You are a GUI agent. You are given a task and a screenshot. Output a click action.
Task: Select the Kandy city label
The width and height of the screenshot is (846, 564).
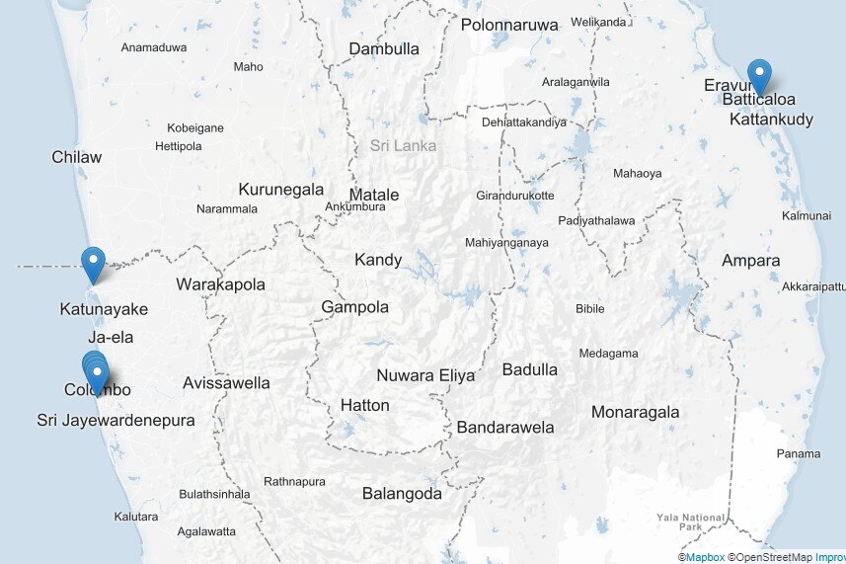point(378,260)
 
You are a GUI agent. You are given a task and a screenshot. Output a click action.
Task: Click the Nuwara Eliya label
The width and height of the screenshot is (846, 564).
point(425,375)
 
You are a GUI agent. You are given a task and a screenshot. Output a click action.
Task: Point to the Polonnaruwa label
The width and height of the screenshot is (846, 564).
point(509,25)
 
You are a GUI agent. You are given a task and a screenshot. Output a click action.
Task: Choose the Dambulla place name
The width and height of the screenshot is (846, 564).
point(384,48)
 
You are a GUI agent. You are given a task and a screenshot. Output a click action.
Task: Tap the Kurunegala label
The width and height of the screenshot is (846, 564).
point(280,189)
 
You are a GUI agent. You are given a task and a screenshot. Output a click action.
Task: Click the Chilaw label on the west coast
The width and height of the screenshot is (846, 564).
point(77,157)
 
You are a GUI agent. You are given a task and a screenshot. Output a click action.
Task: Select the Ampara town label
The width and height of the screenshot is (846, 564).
point(750,261)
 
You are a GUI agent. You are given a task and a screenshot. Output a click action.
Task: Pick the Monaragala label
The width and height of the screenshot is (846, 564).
point(636,412)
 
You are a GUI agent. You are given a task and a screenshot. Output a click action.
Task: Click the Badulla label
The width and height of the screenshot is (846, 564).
point(530,369)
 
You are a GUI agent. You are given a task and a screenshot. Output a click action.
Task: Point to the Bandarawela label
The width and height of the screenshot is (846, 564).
point(504,428)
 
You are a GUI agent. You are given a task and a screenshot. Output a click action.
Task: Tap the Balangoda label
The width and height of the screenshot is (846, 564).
point(402,493)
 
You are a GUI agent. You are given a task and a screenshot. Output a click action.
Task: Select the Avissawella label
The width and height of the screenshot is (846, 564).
point(226,382)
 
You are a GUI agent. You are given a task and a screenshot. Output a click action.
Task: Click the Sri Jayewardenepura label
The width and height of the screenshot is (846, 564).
point(115,420)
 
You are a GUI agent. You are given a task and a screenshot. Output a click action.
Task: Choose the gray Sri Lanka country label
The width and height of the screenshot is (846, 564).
point(403,145)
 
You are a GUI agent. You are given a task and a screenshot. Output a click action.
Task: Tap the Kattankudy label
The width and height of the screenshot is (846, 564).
point(771,120)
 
